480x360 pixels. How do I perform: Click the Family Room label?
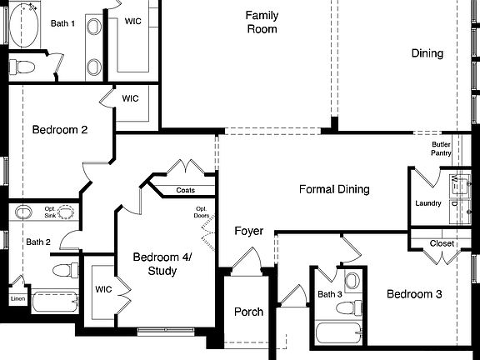261,22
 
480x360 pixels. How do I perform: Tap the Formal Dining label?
334,190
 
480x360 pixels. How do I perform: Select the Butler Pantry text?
442,148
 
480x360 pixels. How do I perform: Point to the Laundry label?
428,204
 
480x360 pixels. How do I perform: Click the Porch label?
248,312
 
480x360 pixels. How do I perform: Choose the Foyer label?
248,231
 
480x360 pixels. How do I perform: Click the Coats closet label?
186,191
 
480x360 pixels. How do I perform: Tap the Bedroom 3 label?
413,294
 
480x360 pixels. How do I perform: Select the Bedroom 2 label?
60,130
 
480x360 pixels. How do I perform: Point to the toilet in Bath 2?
59,269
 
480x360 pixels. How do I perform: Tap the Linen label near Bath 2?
17,298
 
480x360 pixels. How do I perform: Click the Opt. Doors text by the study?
202,212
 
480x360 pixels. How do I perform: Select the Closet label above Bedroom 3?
442,243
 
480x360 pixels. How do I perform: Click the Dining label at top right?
427,53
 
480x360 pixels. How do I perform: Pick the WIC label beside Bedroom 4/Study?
102,290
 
